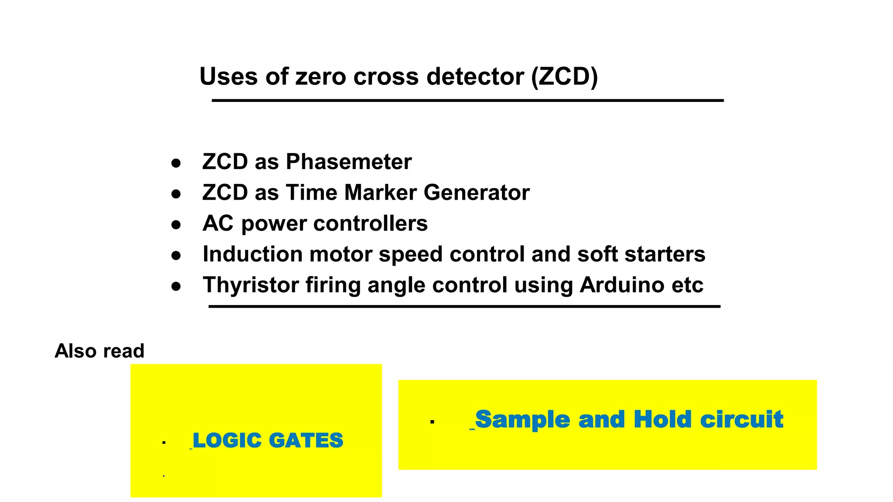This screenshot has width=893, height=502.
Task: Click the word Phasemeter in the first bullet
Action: point(348,162)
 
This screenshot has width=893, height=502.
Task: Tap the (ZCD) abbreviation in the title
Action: point(564,77)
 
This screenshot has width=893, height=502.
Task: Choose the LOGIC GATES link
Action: point(268,440)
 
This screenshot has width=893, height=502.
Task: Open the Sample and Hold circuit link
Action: point(629,419)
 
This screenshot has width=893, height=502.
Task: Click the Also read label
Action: point(99,351)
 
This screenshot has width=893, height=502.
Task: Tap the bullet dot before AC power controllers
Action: point(176,225)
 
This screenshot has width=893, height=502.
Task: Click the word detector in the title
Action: point(475,77)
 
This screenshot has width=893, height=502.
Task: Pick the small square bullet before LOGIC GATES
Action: point(164,443)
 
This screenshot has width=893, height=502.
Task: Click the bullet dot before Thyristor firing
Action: point(176,287)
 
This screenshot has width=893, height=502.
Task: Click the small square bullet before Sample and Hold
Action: point(432,421)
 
